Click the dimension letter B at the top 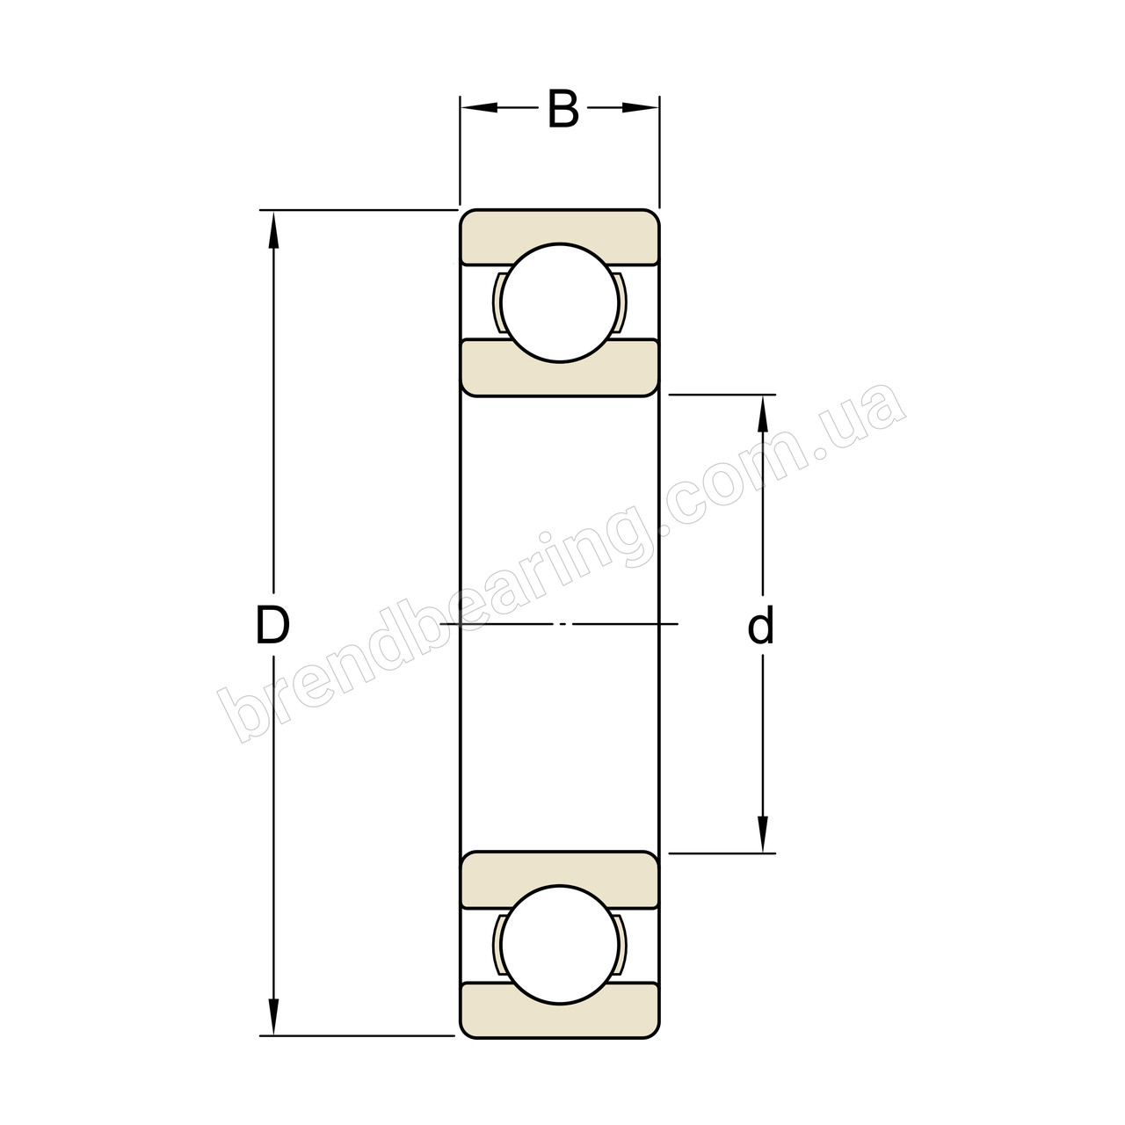point(562,110)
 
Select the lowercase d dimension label point(761,627)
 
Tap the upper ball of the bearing point(560,302)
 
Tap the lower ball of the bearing point(560,945)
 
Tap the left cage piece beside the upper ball point(497,303)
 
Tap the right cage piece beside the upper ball point(622,303)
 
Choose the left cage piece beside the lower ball point(497,945)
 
